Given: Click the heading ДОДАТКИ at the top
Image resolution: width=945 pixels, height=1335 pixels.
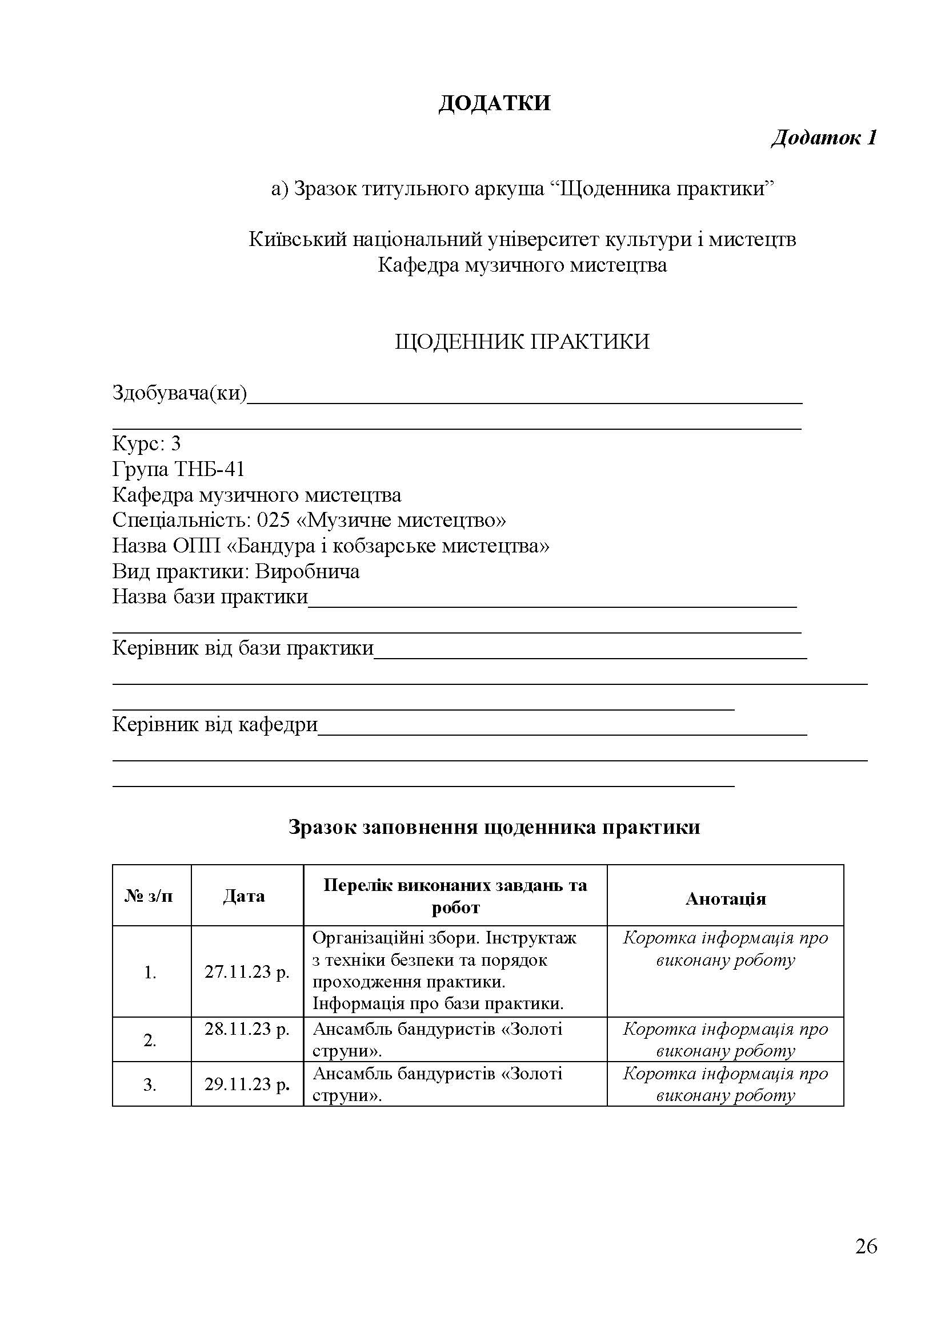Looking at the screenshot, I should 494,103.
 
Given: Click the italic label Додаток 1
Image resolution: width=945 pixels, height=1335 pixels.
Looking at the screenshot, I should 823,138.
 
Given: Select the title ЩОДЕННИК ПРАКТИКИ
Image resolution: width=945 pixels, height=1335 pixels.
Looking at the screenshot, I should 522,341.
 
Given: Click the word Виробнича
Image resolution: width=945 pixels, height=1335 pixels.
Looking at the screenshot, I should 307,571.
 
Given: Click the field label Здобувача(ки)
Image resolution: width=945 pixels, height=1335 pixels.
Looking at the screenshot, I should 179,394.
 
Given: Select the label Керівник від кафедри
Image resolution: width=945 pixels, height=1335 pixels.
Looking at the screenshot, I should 215,724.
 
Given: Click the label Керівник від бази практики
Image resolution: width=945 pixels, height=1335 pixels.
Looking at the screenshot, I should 243,648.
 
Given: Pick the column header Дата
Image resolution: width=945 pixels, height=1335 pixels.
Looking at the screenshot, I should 244,896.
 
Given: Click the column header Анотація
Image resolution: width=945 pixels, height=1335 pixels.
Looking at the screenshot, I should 725,899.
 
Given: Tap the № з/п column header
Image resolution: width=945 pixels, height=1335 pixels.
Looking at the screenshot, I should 149,896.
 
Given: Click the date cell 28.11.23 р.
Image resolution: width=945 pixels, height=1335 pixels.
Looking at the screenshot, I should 247,1029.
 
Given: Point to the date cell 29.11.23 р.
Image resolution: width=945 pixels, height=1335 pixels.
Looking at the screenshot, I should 247,1084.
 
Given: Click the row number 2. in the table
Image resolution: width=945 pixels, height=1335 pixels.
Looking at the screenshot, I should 150,1040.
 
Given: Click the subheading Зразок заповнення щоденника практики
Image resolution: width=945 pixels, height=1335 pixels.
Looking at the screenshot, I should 494,827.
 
